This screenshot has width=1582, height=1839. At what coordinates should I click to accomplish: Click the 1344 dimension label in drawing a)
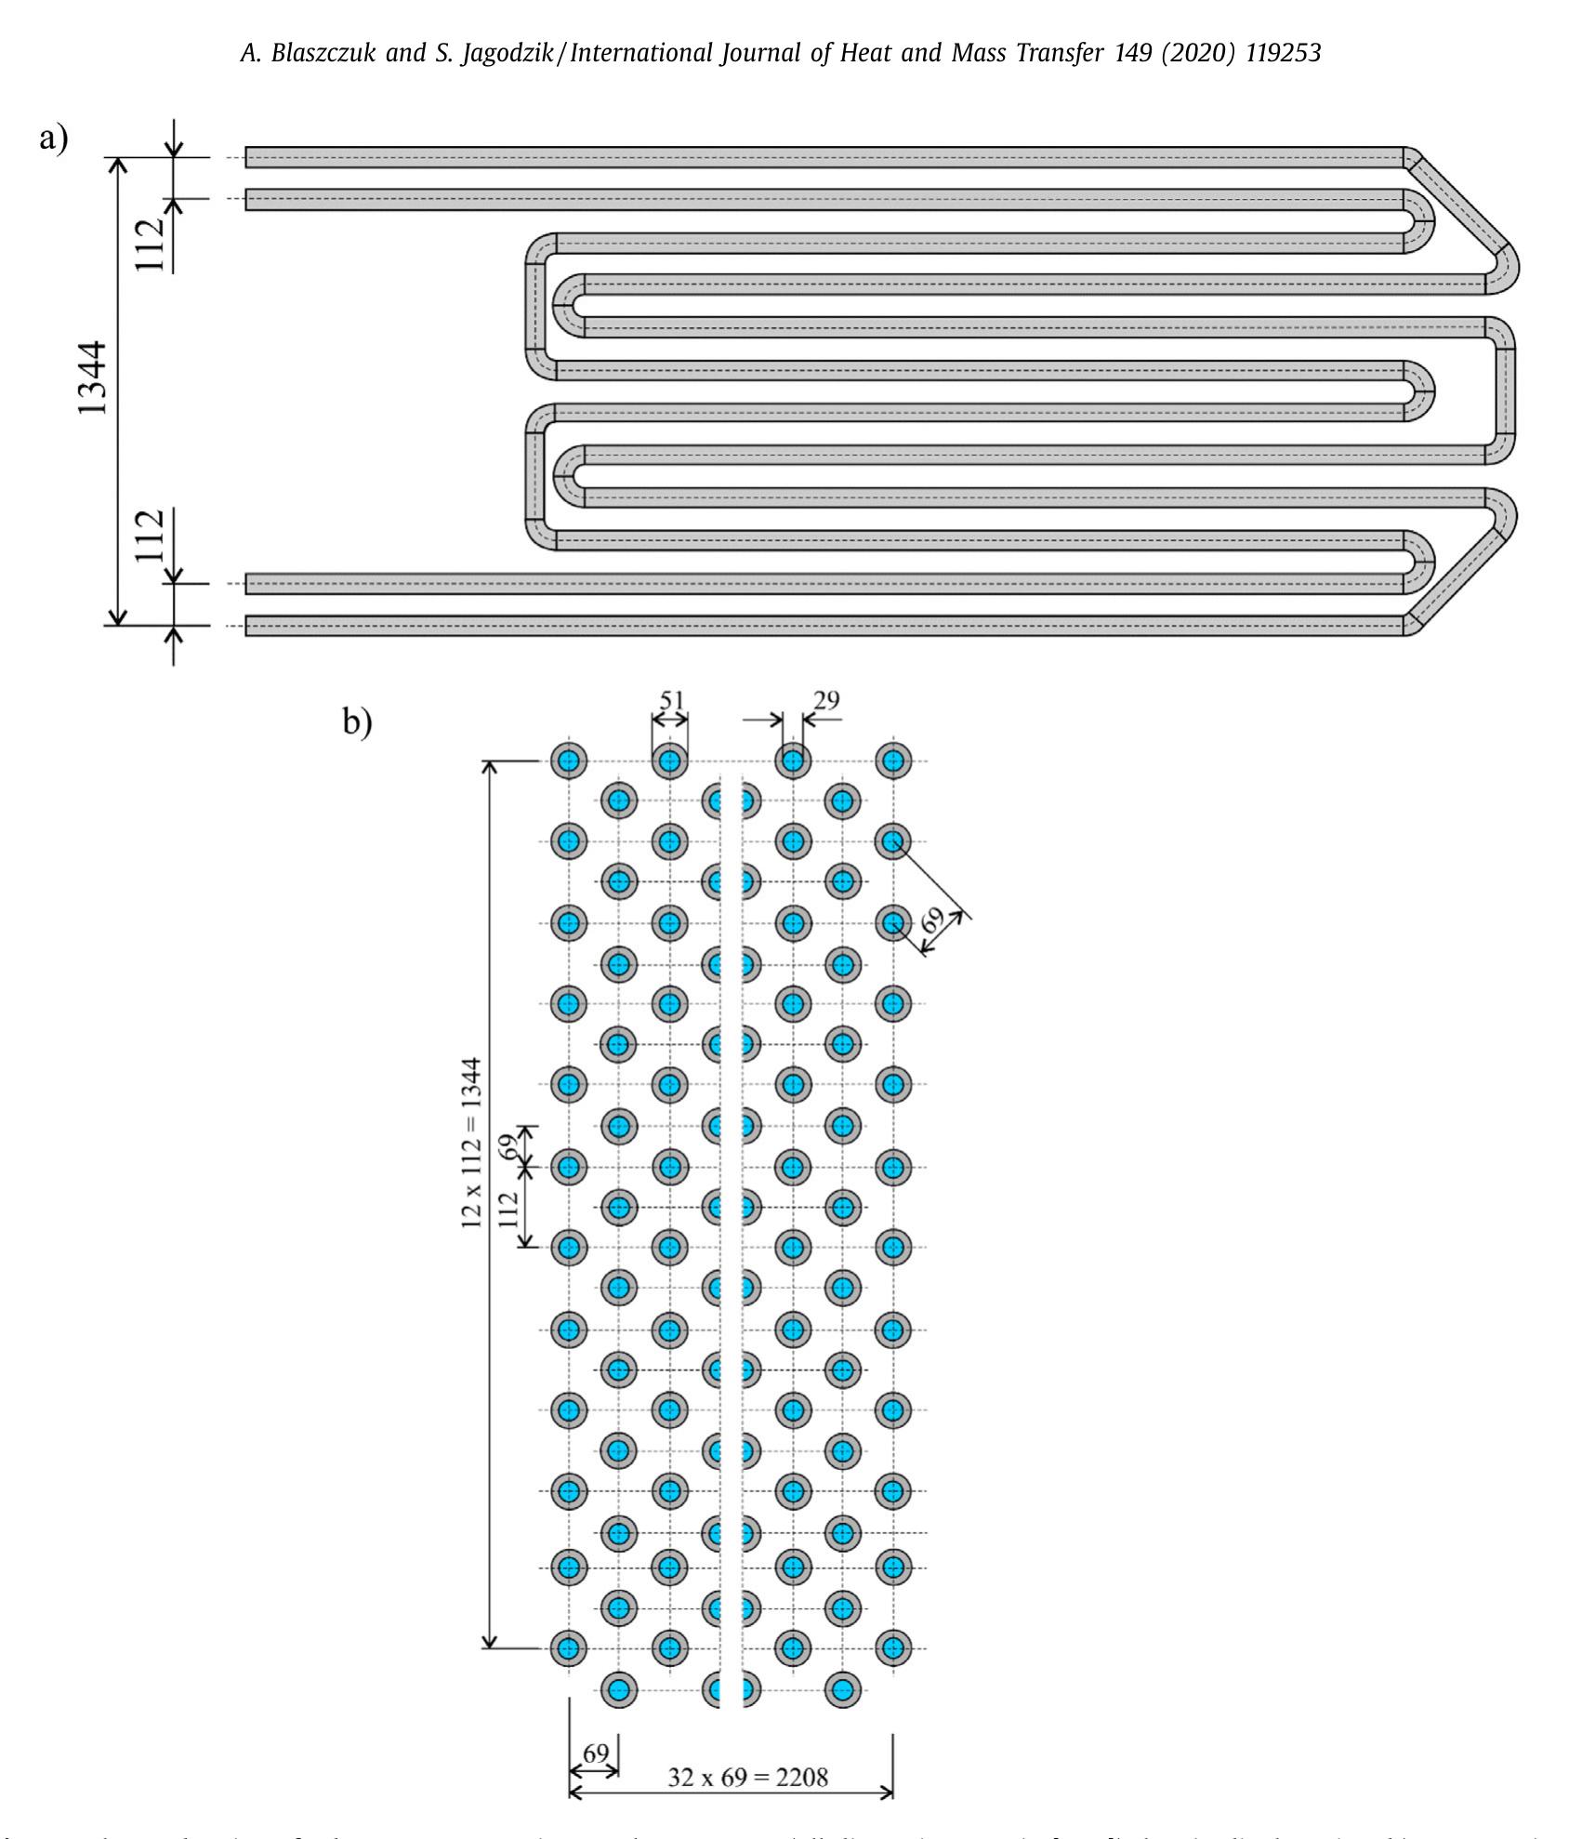coord(94,377)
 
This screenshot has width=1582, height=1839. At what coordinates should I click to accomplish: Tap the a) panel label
coord(53,139)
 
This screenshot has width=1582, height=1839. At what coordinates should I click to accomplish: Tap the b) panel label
coord(357,721)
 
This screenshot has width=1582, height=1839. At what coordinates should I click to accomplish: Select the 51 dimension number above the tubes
coord(670,700)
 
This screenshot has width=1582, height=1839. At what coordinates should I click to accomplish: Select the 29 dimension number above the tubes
coord(825,699)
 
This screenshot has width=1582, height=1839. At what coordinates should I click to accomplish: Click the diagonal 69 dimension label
coord(932,919)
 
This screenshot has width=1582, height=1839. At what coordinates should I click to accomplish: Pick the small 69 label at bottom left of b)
coord(595,1753)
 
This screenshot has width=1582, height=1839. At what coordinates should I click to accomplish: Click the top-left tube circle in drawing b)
coord(569,761)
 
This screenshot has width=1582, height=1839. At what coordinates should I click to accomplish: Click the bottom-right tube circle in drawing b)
coord(843,1689)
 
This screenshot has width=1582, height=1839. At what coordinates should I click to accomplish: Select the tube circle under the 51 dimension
coord(669,761)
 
